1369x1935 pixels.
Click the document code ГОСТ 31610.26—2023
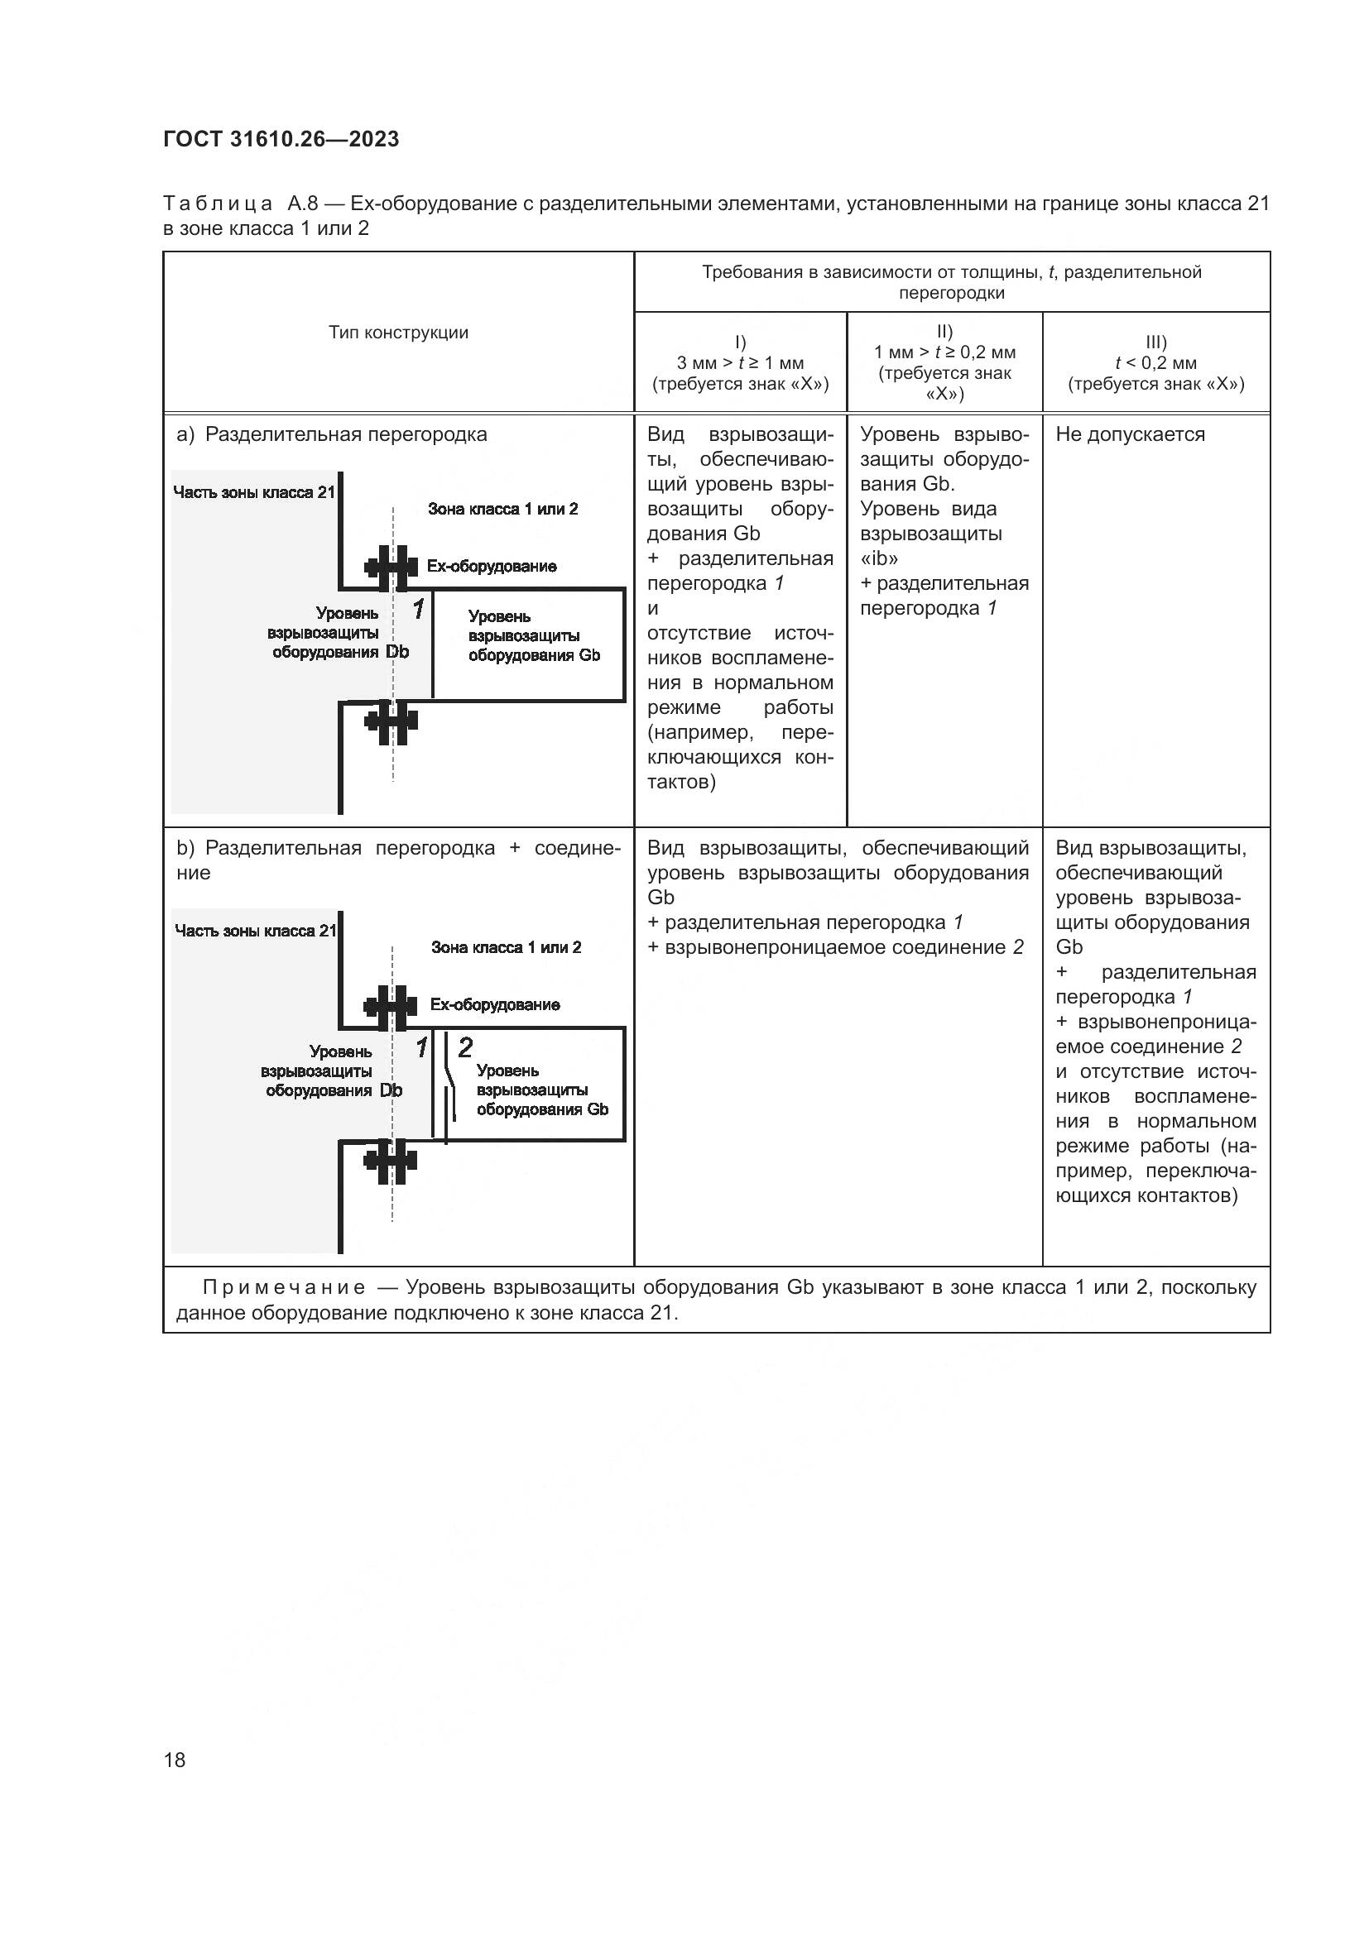pyautogui.click(x=281, y=139)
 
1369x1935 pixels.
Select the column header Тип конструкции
pyautogui.click(x=398, y=332)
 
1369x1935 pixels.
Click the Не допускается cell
pyautogui.click(x=1130, y=434)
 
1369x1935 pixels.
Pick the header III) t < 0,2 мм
pyautogui.click(x=1155, y=362)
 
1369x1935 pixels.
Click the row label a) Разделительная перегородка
pyautogui.click(x=331, y=434)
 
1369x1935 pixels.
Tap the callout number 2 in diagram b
pyautogui.click(x=464, y=1047)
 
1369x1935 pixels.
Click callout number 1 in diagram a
pyautogui.click(x=418, y=609)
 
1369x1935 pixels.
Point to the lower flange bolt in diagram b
pyautogui.click(x=391, y=1162)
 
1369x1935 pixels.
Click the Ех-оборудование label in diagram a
pyautogui.click(x=492, y=567)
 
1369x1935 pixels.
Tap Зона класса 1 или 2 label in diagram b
pyautogui.click(x=506, y=947)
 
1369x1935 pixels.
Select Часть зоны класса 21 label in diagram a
pyautogui.click(x=254, y=492)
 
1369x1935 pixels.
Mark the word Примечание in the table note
pyautogui.click(x=284, y=1287)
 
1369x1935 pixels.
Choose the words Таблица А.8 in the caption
pyautogui.click(x=239, y=204)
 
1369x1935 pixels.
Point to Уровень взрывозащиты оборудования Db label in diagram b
pyautogui.click(x=331, y=1071)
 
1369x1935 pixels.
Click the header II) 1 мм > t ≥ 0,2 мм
pyautogui.click(x=944, y=362)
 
